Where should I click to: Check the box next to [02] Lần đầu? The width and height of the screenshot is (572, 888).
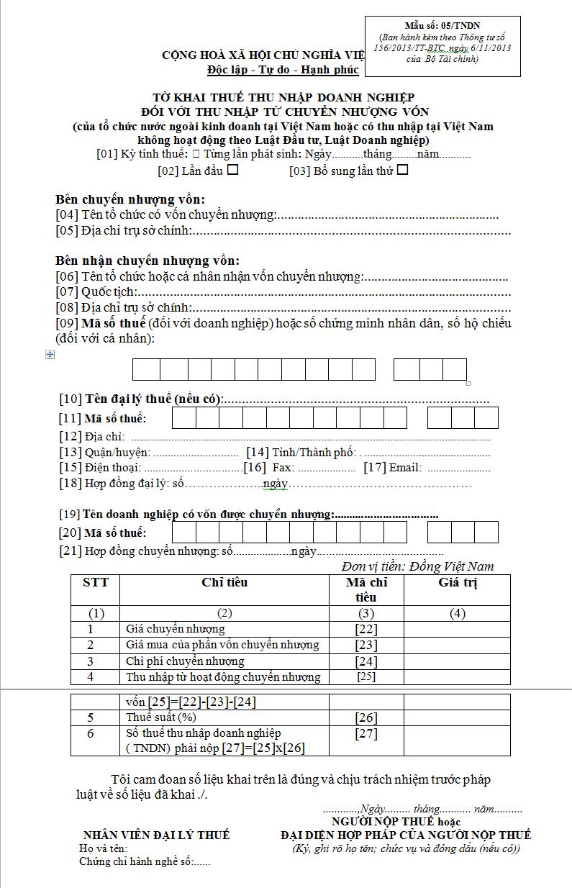(x=232, y=171)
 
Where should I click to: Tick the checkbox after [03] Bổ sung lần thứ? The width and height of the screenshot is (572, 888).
(x=403, y=171)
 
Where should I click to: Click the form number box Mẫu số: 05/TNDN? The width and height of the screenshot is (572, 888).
(x=442, y=46)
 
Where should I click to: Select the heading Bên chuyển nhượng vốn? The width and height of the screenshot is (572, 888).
(x=130, y=199)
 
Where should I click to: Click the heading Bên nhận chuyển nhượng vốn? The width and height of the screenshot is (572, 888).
(x=147, y=260)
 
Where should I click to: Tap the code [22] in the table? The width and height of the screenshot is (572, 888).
(x=366, y=630)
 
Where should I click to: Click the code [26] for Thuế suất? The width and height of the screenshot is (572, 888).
(x=366, y=717)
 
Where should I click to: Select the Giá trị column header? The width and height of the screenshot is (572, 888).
(x=458, y=582)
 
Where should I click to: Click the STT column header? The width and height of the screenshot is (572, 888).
(x=95, y=582)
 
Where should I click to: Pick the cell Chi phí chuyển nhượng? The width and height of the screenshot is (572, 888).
(x=185, y=661)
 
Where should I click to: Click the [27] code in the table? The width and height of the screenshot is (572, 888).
(x=366, y=734)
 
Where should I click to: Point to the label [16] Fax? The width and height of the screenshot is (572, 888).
(x=269, y=468)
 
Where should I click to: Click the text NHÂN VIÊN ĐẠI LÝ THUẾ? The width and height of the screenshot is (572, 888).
(x=156, y=835)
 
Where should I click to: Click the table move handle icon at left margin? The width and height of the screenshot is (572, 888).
(x=50, y=355)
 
